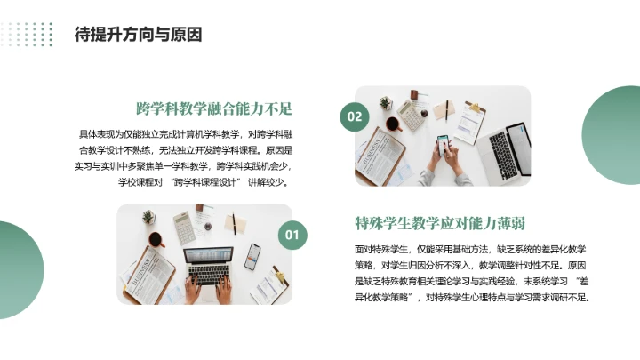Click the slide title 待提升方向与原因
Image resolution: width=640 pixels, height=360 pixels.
(138, 36)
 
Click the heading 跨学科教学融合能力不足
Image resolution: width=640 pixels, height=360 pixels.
(214, 109)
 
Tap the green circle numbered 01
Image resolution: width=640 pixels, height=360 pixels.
(290, 235)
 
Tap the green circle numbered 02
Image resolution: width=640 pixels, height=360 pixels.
(355, 116)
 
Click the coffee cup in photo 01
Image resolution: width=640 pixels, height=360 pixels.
(156, 240)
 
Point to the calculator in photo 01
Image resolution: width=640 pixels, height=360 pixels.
(184, 228)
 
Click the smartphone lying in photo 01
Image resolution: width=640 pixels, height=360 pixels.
(252, 256)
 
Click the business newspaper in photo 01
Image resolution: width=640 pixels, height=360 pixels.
(148, 273)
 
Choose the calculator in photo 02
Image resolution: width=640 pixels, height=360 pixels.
(411, 113)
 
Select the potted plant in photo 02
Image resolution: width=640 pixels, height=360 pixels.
(386, 102)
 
